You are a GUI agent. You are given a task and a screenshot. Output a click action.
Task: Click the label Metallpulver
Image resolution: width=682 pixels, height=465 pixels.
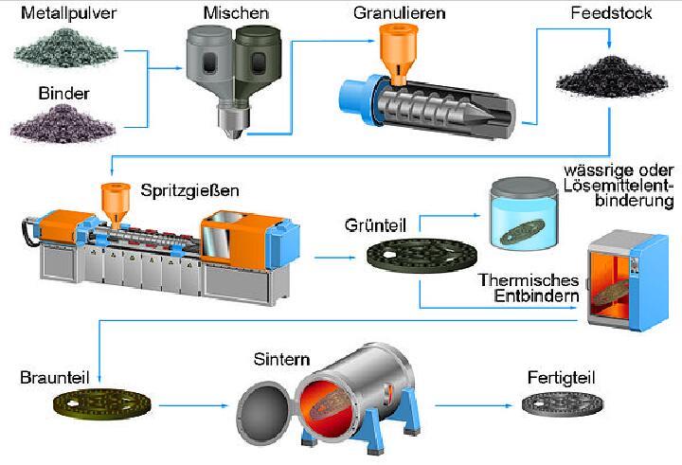click(69, 13)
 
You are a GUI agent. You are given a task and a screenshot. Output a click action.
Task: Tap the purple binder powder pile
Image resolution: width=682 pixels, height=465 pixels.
click(63, 124)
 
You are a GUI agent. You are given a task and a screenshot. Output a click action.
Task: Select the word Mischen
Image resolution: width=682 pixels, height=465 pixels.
click(236, 13)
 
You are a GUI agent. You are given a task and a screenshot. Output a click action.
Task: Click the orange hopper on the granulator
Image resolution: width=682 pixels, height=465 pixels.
click(399, 53)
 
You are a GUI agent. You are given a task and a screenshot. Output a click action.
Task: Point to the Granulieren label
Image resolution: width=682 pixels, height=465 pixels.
click(400, 13)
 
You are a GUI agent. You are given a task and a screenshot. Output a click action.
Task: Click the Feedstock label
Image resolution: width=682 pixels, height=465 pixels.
click(611, 13)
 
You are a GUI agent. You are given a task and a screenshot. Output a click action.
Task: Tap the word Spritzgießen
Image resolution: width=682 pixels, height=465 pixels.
click(189, 191)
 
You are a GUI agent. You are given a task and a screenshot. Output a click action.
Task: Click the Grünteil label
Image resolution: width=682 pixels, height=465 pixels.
click(375, 225)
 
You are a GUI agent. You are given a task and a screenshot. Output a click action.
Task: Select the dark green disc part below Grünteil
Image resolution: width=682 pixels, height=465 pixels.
click(422, 256)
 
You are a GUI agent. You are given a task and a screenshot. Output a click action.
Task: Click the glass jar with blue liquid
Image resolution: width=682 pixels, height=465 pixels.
click(524, 213)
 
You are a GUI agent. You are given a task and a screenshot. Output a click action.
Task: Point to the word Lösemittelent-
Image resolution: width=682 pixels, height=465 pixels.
click(619, 186)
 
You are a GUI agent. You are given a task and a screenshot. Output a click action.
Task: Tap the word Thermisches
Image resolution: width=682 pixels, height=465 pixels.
click(529, 279)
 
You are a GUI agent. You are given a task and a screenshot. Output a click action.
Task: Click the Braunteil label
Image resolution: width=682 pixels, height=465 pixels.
click(54, 378)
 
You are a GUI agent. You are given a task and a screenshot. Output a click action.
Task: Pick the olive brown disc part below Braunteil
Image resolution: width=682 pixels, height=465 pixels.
click(102, 404)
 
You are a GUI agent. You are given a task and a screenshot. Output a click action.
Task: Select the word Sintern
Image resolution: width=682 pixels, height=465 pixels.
click(282, 360)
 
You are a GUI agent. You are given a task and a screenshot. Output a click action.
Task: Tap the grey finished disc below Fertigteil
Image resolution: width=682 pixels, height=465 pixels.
click(563, 404)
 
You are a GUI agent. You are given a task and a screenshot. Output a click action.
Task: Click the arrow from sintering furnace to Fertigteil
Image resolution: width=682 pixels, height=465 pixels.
click(475, 406)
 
